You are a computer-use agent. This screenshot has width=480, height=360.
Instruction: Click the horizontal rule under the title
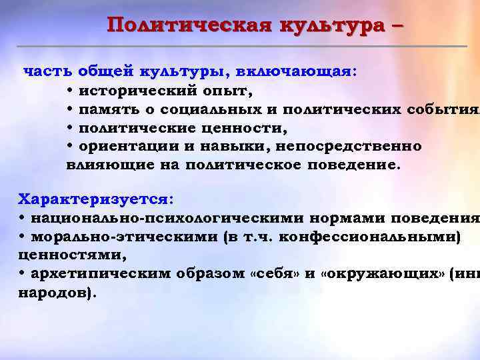tap(240, 46)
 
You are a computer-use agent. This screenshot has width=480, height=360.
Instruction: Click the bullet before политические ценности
tap(70, 127)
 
